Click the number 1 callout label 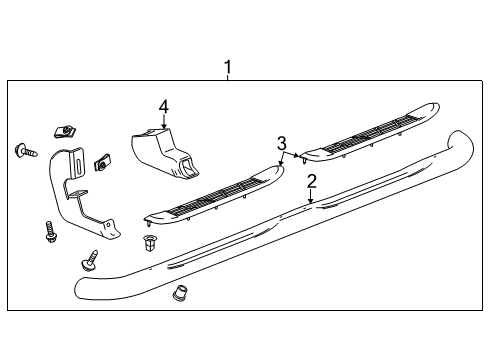[x=227, y=68]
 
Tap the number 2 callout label [x=311, y=180]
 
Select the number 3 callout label [x=282, y=142]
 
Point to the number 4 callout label [x=163, y=105]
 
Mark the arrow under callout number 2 [x=311, y=196]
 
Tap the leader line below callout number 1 [x=227, y=80]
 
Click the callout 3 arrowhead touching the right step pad [x=299, y=155]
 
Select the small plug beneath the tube [x=181, y=294]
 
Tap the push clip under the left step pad [x=150, y=243]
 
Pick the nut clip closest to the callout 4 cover [x=102, y=161]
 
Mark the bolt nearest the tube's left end [x=90, y=261]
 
